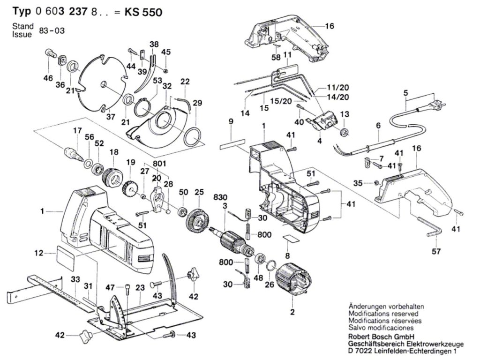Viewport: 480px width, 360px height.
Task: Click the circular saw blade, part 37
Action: (101, 84)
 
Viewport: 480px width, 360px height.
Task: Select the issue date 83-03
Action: (52, 31)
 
